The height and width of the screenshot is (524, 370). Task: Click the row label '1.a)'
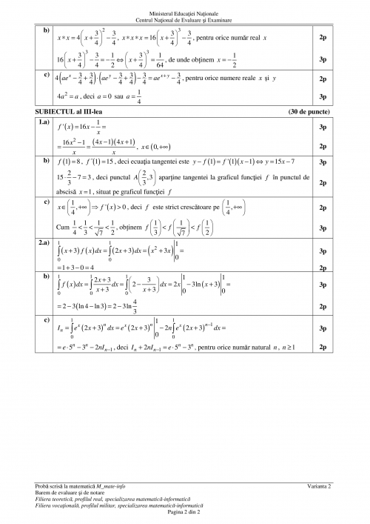coord(30,120)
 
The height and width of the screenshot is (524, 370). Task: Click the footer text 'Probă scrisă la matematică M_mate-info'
coord(88,486)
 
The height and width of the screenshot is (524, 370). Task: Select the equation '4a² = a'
coord(67,96)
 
